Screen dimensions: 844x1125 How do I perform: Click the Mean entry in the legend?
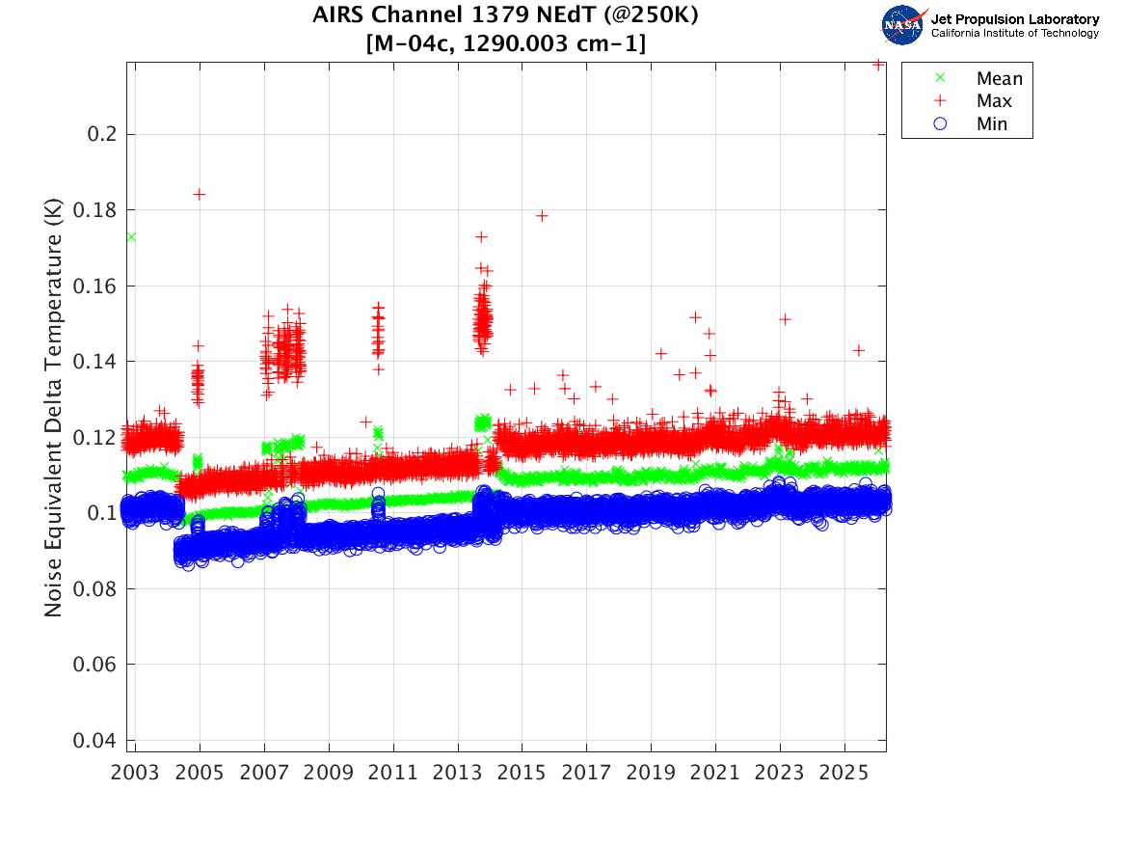999,78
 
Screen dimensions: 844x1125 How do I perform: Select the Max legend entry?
994,101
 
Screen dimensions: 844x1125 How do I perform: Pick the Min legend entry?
992,124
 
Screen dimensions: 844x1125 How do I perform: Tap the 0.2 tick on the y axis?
103,133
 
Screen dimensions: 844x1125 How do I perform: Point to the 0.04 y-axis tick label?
97,741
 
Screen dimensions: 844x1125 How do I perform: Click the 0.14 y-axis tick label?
97,362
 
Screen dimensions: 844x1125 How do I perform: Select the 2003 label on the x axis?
136,773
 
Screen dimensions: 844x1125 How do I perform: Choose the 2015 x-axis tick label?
522,773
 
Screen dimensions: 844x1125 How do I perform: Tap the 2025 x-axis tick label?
844,773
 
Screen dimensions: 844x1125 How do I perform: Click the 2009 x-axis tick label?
329,773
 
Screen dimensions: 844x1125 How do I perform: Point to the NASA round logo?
903,24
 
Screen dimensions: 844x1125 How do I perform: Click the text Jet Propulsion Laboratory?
1014,19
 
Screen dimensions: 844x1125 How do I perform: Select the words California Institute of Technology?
1014,34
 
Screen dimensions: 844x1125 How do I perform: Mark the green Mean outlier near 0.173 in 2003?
131,236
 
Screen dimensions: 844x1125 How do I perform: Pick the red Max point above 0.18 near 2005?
200,194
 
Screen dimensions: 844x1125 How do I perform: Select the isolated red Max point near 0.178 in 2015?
542,215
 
